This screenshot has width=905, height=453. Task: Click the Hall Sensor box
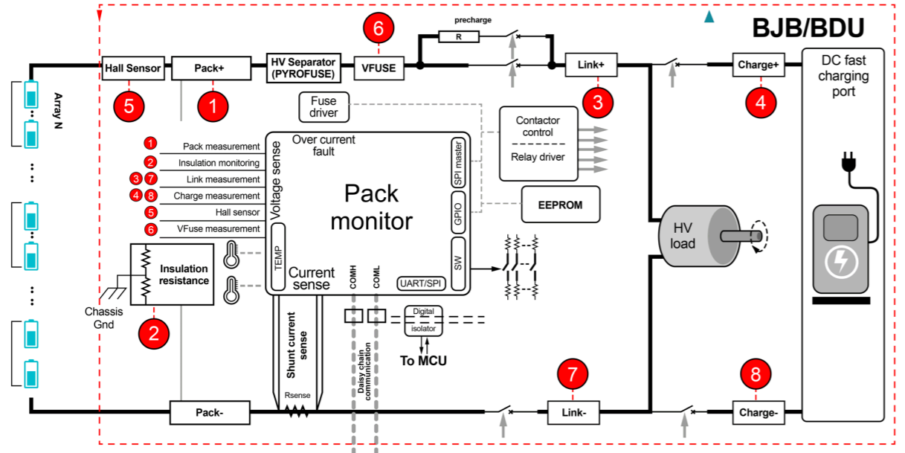pyautogui.click(x=132, y=68)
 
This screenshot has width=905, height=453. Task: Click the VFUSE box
pyautogui.click(x=379, y=68)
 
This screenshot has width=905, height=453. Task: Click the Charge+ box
pyautogui.click(x=758, y=65)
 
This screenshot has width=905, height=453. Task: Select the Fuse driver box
pyautogui.click(x=323, y=107)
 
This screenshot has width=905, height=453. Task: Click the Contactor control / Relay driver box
pyautogui.click(x=537, y=143)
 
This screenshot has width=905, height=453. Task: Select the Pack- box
pyautogui.click(x=210, y=411)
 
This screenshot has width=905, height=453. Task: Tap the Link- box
pyautogui.click(x=573, y=411)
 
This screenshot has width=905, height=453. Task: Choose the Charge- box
pyautogui.click(x=758, y=411)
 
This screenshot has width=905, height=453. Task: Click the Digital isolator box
pyautogui.click(x=423, y=319)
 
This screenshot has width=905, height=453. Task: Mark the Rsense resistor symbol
pyautogui.click(x=297, y=410)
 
